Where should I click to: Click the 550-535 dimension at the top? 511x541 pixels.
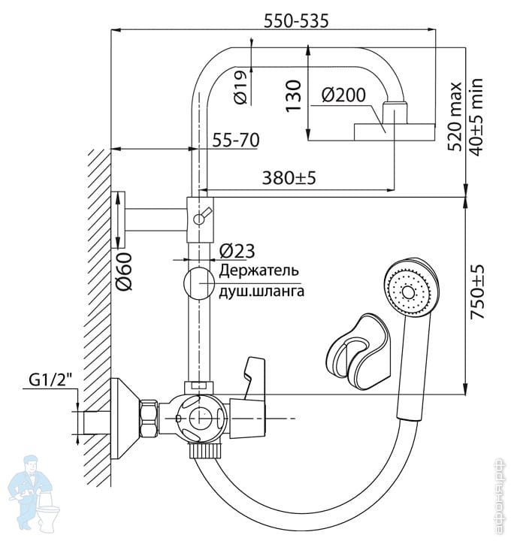point(295,22)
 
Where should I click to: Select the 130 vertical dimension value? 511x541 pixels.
point(294,95)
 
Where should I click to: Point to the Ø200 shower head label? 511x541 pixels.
point(343,95)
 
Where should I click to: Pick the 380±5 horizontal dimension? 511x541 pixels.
point(289,178)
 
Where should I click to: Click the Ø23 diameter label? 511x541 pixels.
point(238,251)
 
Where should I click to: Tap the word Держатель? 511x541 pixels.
point(259,270)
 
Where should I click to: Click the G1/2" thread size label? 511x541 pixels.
point(55,383)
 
